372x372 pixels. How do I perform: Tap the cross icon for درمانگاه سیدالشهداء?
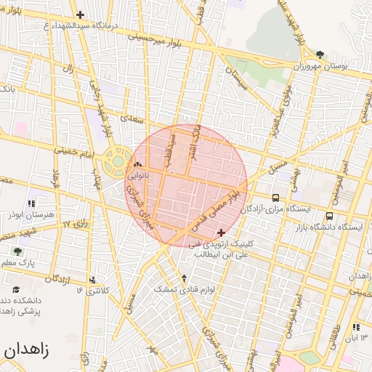tap(81, 15)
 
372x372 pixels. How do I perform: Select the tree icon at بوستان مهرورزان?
tap(320, 54)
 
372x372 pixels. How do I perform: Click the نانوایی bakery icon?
tap(138, 164)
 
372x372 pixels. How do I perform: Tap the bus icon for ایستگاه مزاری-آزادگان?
tap(275, 197)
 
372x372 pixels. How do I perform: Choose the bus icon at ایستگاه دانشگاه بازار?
tap(329, 216)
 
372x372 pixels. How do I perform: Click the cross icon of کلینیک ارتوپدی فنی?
tap(221, 232)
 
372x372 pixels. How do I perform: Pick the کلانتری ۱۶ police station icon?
tap(92, 280)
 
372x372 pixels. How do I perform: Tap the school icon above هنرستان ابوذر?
tap(31, 204)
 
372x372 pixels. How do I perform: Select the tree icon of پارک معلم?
tap(17, 251)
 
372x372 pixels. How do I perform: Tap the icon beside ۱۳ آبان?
tap(356, 327)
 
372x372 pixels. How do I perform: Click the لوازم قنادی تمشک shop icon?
tap(184, 278)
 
